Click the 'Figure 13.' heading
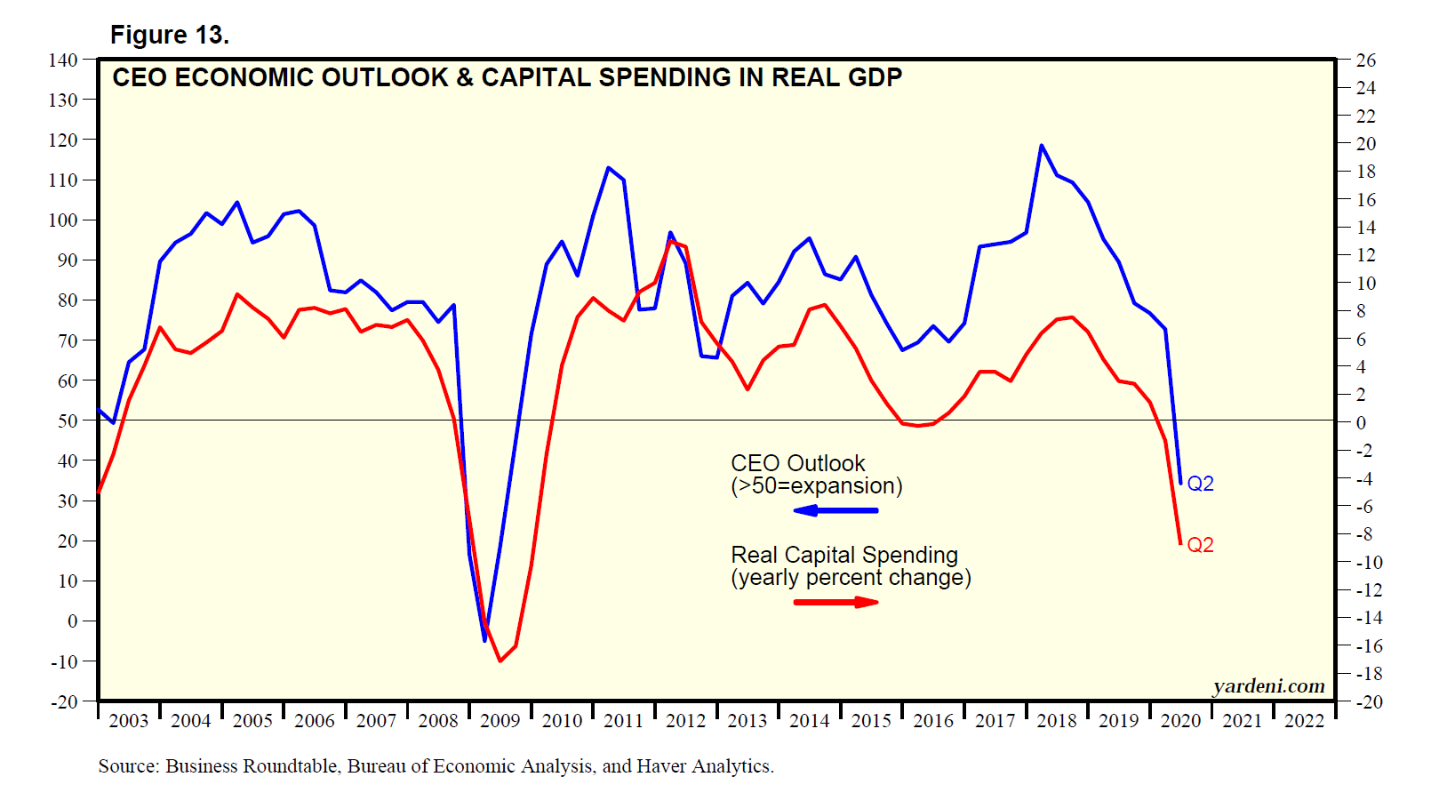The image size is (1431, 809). [169, 35]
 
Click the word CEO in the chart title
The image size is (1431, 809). [139, 78]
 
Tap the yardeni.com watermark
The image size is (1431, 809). [1268, 686]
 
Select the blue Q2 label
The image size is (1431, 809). [1200, 484]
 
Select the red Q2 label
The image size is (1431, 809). [1200, 545]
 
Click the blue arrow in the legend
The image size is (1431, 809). [835, 510]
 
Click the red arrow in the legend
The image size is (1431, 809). [836, 602]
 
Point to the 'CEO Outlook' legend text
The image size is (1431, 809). [797, 463]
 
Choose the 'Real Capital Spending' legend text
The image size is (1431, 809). [843, 555]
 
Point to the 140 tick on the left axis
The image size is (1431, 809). [63, 60]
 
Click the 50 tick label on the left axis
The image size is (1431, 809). [68, 421]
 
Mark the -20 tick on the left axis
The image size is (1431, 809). [64, 701]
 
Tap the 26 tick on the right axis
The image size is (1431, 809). [1365, 60]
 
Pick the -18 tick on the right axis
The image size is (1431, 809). [1368, 674]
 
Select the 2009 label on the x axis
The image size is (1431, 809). [500, 721]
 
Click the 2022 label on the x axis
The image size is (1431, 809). [1304, 721]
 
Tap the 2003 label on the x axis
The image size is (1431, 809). [128, 721]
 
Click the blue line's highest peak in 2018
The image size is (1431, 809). [1042, 146]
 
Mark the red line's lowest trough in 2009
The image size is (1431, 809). [500, 661]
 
